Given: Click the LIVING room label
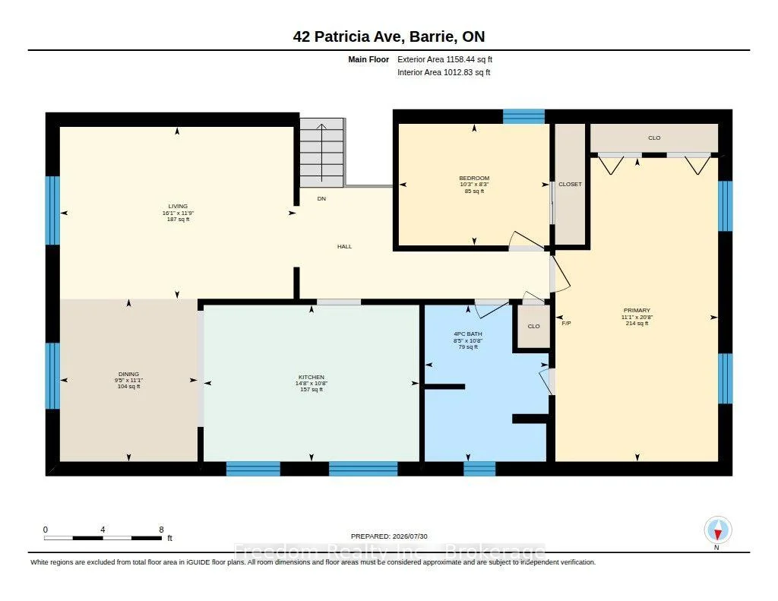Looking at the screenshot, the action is (x=178, y=206).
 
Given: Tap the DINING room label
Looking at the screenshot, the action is (x=128, y=374).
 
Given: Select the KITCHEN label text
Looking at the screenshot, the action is (x=311, y=377).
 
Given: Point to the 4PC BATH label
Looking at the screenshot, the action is (x=468, y=334).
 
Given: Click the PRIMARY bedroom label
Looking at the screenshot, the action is (x=637, y=310).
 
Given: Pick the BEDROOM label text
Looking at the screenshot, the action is (x=474, y=178).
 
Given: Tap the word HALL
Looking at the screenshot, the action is (x=344, y=246).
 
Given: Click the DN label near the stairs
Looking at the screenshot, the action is (x=321, y=198).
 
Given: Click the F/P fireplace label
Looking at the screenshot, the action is (x=566, y=323).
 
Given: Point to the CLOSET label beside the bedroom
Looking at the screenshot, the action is (x=570, y=184).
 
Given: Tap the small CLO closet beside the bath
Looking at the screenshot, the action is (x=534, y=326).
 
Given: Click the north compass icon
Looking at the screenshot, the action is (x=717, y=530).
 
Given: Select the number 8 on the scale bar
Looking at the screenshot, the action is (x=161, y=530).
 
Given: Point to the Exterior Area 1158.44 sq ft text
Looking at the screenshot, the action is (x=444, y=59).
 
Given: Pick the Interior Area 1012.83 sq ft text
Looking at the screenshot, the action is (x=444, y=72).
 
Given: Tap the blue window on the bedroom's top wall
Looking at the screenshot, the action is (x=523, y=116).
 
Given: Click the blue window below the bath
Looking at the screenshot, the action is (x=479, y=469).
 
